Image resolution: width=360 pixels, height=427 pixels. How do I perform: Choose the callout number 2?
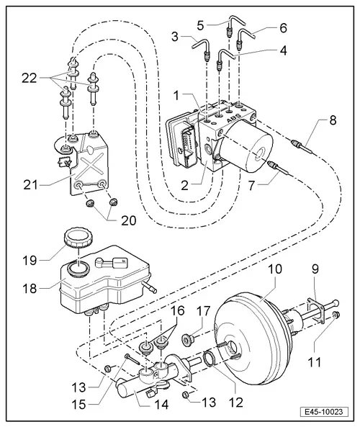click(185, 184)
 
